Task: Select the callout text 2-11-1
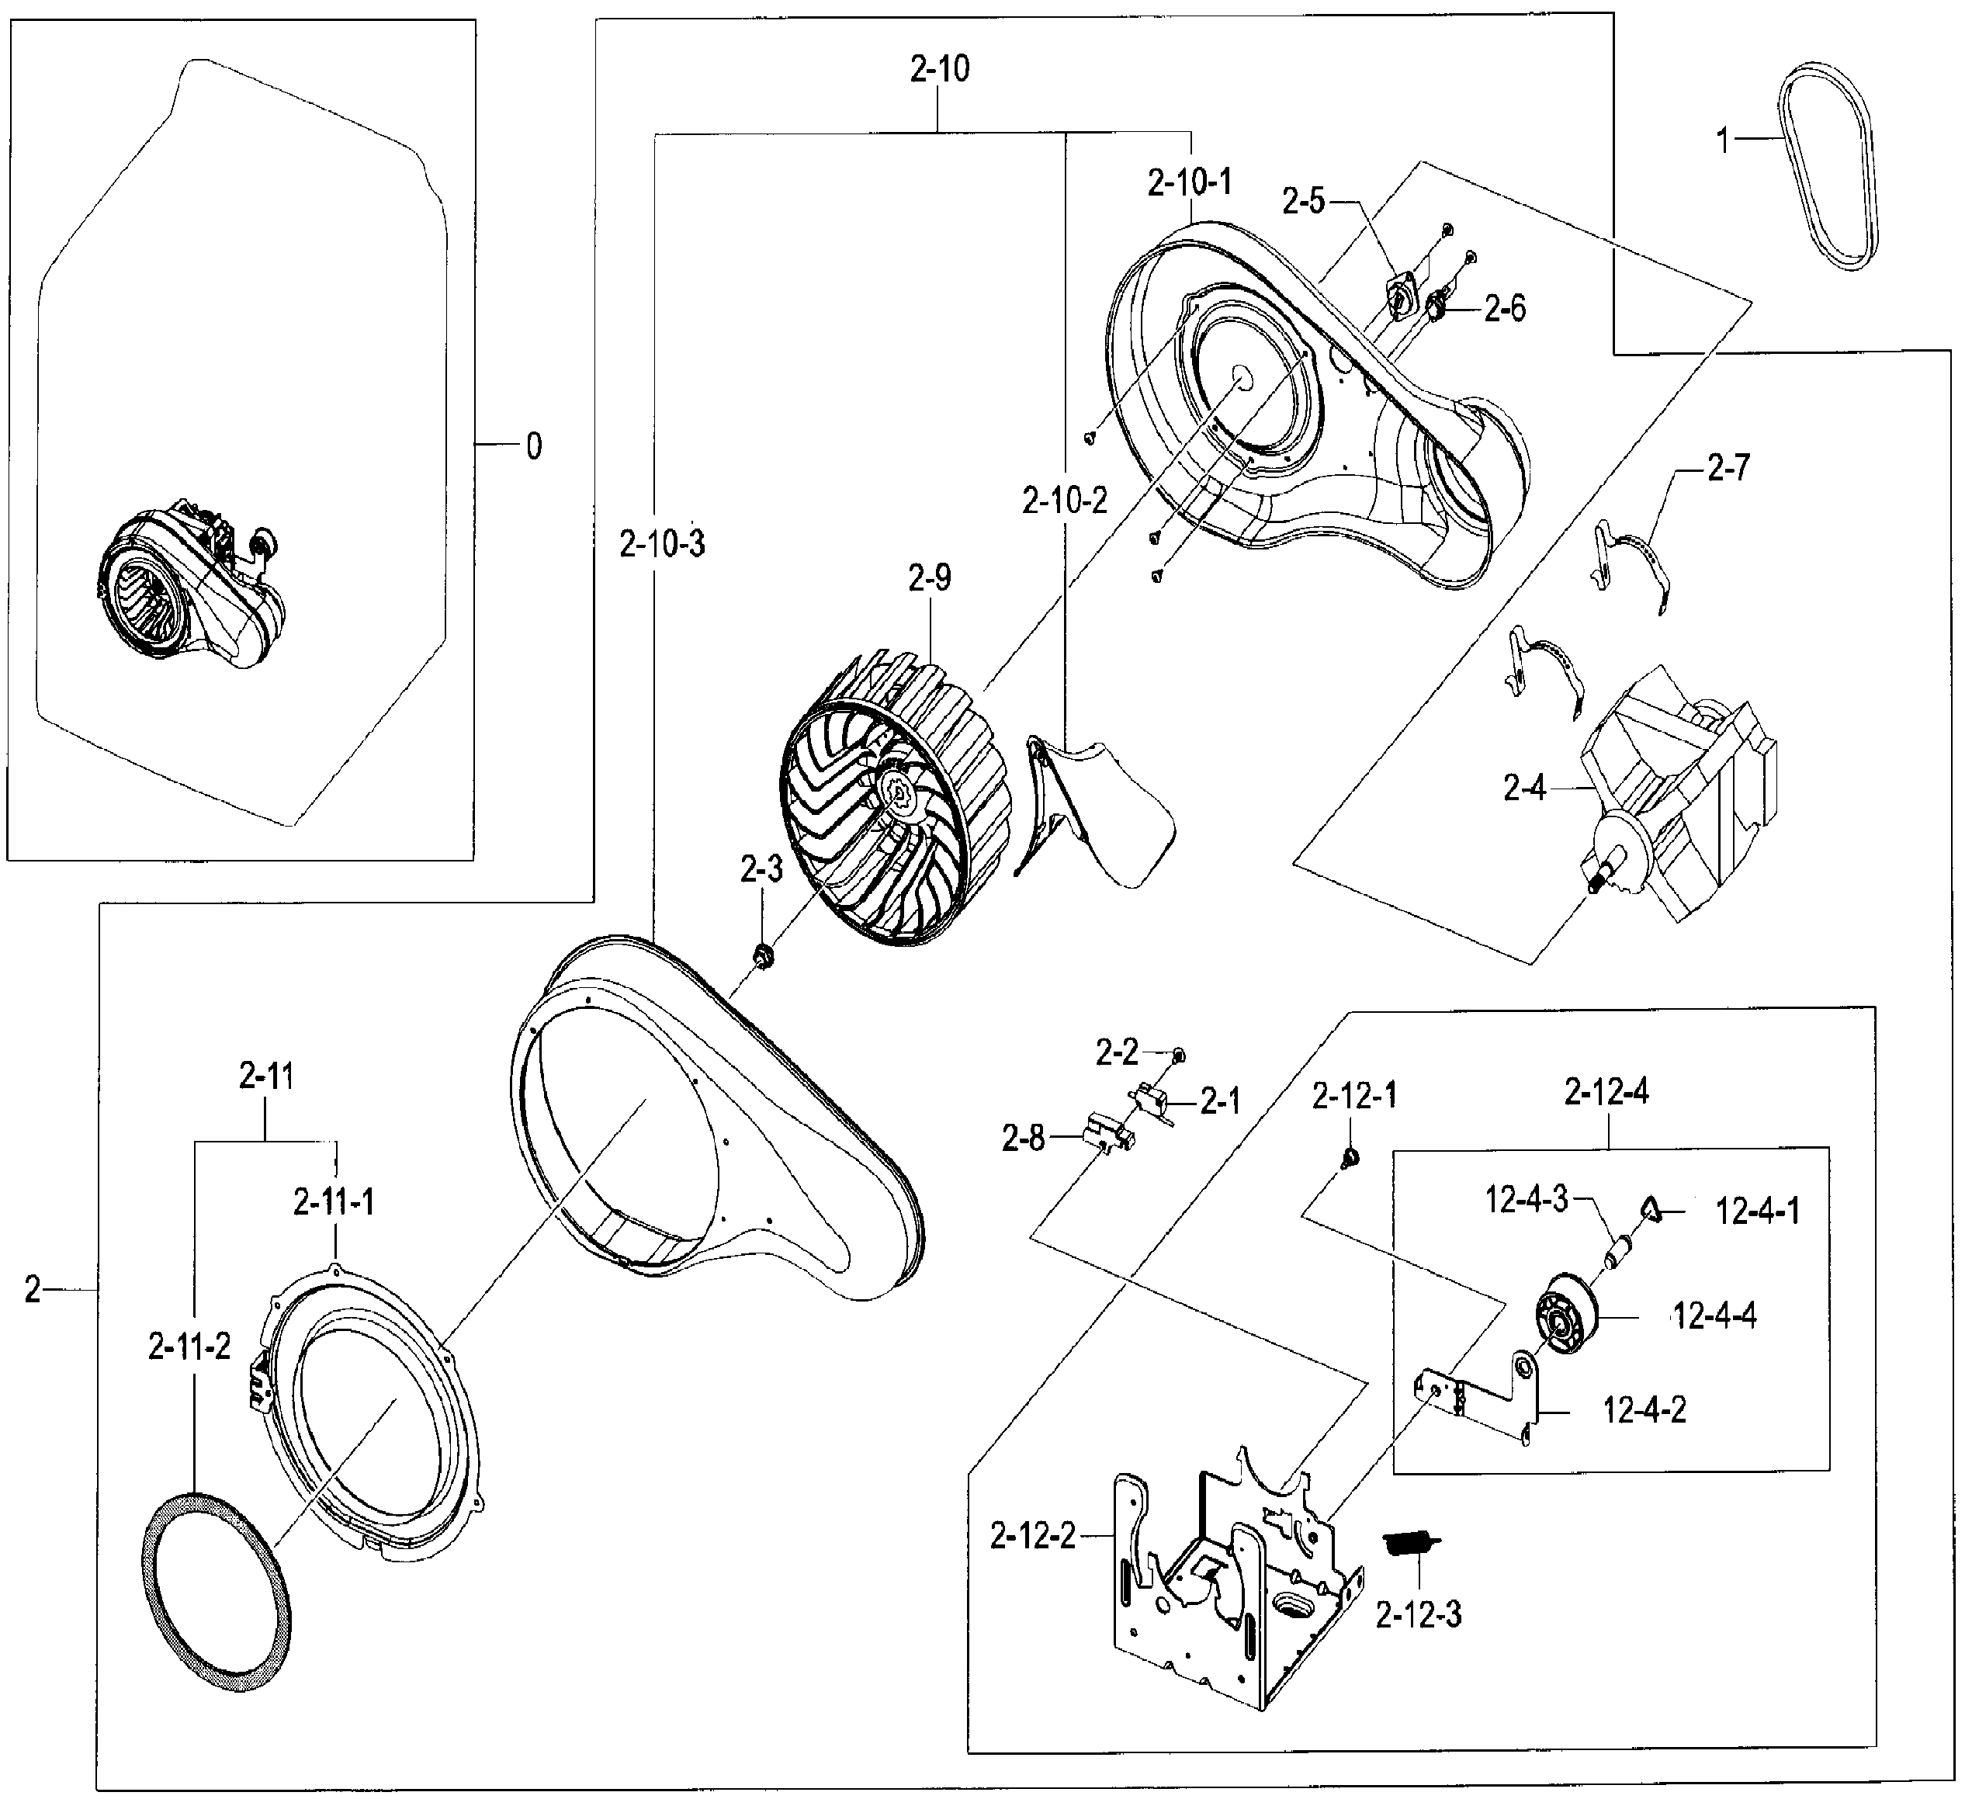pos(334,1201)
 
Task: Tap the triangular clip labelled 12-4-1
pos(1651,1209)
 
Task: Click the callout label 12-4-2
pos(1644,1409)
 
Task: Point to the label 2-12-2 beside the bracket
pos(1032,1536)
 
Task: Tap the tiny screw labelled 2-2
pos(1179,1055)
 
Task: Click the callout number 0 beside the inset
pos(533,446)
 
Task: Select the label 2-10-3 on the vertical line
pos(661,543)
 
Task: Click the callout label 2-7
pos(1728,468)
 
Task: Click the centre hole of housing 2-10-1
pos(1241,376)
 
